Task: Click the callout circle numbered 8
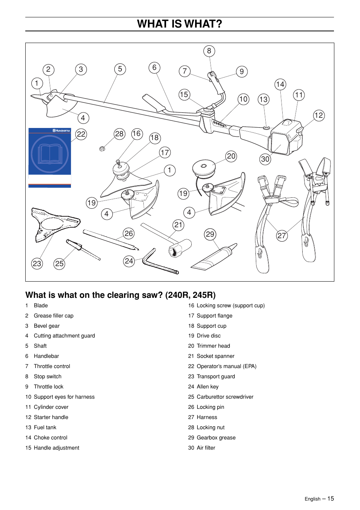tap(209, 51)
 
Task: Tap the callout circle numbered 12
tap(318, 116)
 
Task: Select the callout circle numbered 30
tap(265, 159)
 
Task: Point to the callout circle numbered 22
tap(81, 134)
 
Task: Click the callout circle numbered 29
tap(210, 234)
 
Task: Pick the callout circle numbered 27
tap(282, 236)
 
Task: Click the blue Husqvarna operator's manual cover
tap(50, 157)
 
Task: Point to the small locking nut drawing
tap(102, 149)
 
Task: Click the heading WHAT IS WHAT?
tap(180, 24)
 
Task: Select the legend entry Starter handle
tap(51, 417)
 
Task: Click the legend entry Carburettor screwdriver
tap(225, 397)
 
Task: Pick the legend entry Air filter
tap(206, 448)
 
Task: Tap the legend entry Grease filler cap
tap(54, 316)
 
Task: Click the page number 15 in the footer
tap(331, 499)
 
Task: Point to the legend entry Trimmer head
tap(213, 346)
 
